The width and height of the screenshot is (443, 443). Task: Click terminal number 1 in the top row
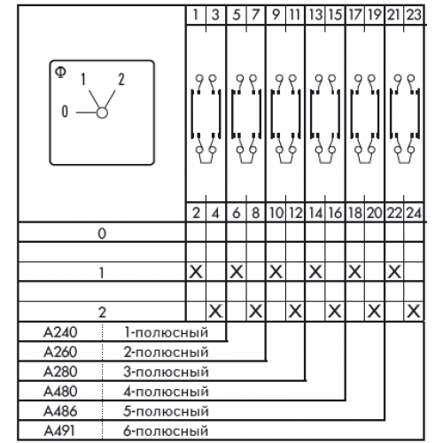pos(196,14)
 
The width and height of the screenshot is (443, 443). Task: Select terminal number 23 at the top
pos(414,14)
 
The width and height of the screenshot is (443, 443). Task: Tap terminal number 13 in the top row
pos(315,14)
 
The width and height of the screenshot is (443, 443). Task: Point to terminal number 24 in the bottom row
pos(414,213)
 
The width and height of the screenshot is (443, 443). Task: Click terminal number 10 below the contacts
pos(276,213)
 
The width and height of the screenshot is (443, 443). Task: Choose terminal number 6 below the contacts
pos(236,213)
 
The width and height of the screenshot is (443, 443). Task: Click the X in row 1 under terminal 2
pos(196,272)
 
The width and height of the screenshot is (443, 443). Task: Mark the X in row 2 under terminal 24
pos(414,311)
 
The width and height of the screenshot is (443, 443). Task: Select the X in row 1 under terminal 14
pos(315,272)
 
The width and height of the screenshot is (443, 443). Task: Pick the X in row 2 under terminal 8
pos(255,311)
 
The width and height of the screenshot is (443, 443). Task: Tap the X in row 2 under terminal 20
pos(374,311)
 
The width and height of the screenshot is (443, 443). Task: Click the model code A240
pos(60,332)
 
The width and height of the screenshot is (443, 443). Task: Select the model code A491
pos(59,431)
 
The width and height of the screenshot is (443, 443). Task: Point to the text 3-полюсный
pos(166,372)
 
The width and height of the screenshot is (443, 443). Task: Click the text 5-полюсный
pos(166,411)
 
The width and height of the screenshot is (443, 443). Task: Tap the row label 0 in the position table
pos(102,234)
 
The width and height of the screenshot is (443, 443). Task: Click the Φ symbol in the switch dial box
pos(61,72)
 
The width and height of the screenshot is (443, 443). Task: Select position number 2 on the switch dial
pos(121,80)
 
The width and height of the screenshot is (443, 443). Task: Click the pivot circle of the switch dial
pos(102,113)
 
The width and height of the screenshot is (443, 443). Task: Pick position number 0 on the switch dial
pos(65,112)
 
